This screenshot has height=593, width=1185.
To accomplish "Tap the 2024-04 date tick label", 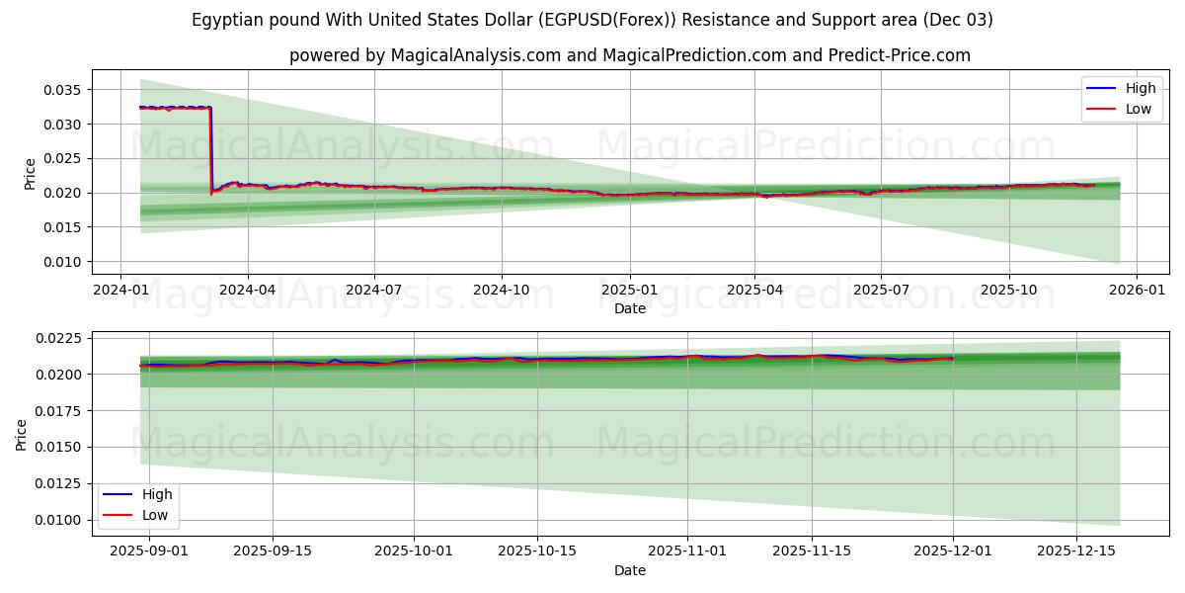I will (x=247, y=291).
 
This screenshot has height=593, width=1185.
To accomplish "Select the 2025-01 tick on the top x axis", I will (x=629, y=291).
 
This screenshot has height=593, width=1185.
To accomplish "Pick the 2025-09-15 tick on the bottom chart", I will (x=273, y=551).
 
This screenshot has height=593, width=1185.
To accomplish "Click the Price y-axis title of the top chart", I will (x=30, y=173).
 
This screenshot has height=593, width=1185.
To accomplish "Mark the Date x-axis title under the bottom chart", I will (x=629, y=570).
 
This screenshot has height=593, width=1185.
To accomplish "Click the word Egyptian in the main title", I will (x=228, y=20).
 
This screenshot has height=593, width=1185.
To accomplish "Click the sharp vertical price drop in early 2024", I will (x=210, y=148).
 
